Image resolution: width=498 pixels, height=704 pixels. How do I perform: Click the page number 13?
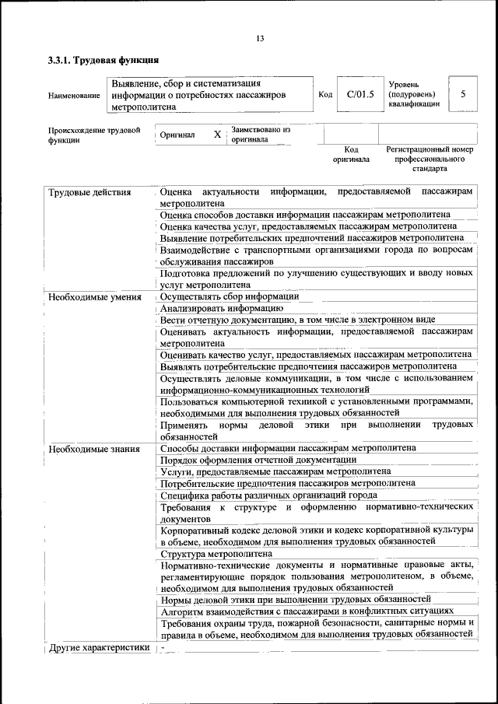click(x=260, y=39)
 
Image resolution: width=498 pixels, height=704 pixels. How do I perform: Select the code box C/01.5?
click(x=360, y=94)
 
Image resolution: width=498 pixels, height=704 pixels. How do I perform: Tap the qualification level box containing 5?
click(x=463, y=94)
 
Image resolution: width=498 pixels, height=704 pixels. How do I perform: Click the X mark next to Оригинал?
click(x=217, y=134)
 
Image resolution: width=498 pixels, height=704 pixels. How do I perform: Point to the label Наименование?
click(x=74, y=95)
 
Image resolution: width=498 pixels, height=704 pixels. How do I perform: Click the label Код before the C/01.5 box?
click(x=325, y=94)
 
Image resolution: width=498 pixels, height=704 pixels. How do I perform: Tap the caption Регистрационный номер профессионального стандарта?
click(x=430, y=158)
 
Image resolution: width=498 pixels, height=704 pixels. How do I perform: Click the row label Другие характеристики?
click(x=98, y=647)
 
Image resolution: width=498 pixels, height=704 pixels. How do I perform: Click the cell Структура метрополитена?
click(x=216, y=554)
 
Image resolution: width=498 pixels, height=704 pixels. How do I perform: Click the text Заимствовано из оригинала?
click(x=261, y=135)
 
